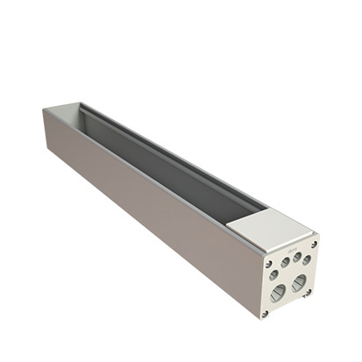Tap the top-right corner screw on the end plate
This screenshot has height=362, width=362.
(314, 245)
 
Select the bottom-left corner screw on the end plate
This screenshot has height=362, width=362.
(265, 312)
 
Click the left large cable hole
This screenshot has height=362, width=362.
(278, 294)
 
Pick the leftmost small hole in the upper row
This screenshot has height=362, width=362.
(286, 261)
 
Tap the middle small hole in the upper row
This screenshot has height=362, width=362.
(296, 257)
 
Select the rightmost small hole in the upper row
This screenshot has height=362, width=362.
(306, 259)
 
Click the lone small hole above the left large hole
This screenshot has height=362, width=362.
(274, 274)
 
